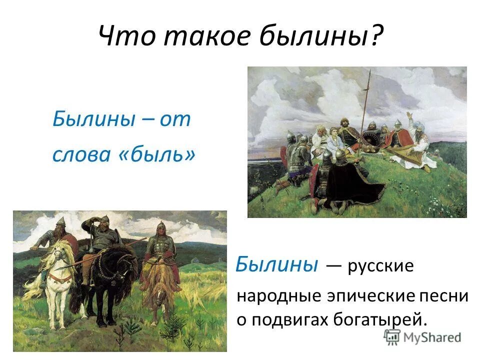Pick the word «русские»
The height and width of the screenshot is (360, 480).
381,266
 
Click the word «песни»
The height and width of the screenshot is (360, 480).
444,295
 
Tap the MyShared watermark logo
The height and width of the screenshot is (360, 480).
423,336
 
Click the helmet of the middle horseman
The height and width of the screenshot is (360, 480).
104,220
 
